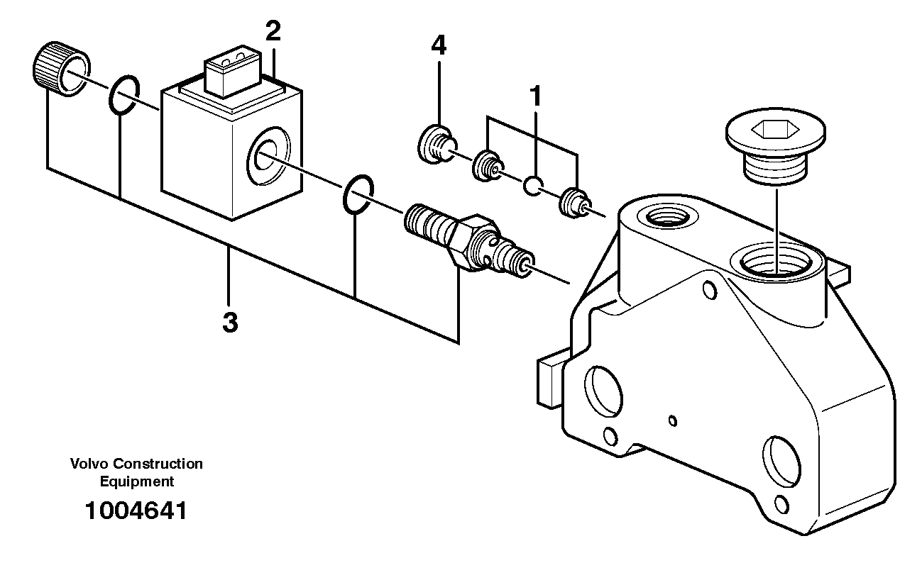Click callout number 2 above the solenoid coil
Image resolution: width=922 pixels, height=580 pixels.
273,32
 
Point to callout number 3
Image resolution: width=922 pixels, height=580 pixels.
229,323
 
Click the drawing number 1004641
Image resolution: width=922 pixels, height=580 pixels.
135,511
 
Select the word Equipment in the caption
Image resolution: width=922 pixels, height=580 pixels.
136,481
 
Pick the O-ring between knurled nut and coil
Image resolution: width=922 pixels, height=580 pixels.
124,95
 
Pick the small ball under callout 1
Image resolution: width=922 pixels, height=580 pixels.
533,187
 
